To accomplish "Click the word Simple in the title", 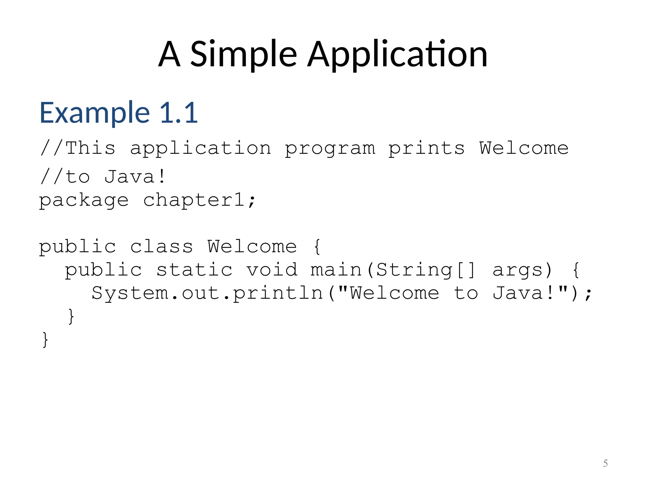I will (243, 54).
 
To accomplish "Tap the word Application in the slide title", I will (397, 54).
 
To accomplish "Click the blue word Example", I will (94, 113).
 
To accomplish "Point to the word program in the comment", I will (330, 148).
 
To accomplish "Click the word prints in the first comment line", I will (426, 148).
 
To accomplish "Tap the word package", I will (84, 200).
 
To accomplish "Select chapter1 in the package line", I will (194, 200).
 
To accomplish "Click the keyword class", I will (161, 246).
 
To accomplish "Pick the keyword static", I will (195, 270).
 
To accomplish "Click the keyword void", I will (272, 270).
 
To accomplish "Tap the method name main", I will (336, 270).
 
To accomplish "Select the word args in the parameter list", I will (518, 270).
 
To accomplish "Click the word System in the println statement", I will (130, 293).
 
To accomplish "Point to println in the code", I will (278, 293).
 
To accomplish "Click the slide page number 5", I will (605, 463).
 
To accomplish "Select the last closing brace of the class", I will (45, 340).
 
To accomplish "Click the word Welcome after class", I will (252, 246).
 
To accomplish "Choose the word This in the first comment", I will (91, 148).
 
